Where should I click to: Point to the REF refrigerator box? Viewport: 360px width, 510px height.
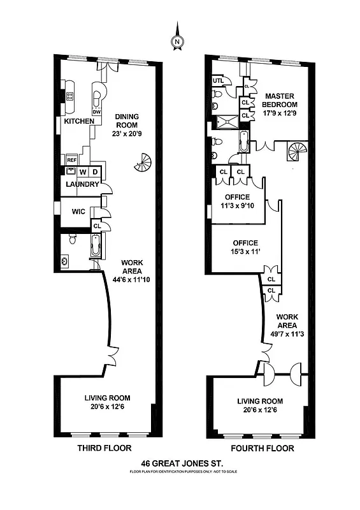[71, 160]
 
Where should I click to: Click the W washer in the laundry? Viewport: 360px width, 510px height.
[82, 172]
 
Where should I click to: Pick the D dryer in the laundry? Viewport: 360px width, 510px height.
[95, 172]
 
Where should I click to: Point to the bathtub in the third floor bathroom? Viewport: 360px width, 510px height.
[96, 245]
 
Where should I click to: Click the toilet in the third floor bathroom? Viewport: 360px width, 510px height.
[72, 239]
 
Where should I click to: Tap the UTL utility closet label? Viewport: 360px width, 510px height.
[217, 81]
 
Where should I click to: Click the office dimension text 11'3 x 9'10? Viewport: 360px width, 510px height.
[236, 205]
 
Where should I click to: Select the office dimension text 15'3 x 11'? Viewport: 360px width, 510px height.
[245, 252]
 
